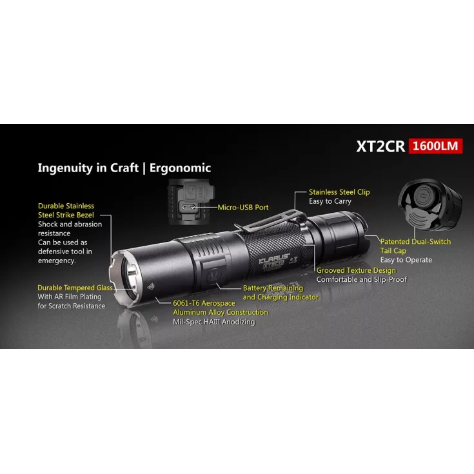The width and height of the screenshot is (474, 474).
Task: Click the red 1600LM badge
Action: [435, 146]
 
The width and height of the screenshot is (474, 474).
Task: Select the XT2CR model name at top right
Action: [380, 146]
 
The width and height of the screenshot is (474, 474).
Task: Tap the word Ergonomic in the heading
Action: [180, 168]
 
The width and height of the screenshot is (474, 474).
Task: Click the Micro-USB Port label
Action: [243, 208]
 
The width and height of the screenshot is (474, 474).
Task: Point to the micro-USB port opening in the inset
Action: [188, 208]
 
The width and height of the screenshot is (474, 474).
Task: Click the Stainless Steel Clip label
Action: [339, 192]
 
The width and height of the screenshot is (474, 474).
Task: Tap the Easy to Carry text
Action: [330, 201]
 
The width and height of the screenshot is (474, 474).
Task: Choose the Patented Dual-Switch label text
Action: [415, 242]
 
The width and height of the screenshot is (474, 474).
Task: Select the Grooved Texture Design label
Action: [356, 270]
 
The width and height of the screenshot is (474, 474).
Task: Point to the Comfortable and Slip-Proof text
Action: [362, 279]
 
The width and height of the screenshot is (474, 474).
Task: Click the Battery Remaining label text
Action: [273, 288]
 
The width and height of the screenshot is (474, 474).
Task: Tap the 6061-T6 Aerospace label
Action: [204, 303]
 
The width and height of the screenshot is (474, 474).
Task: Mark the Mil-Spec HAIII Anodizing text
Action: [213, 322]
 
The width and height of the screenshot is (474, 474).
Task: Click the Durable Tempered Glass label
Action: [75, 288]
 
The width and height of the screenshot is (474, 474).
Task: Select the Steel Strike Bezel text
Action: [66, 215]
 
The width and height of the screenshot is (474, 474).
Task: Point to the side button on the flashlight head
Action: [215, 275]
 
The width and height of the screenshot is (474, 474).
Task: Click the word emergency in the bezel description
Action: [57, 261]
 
